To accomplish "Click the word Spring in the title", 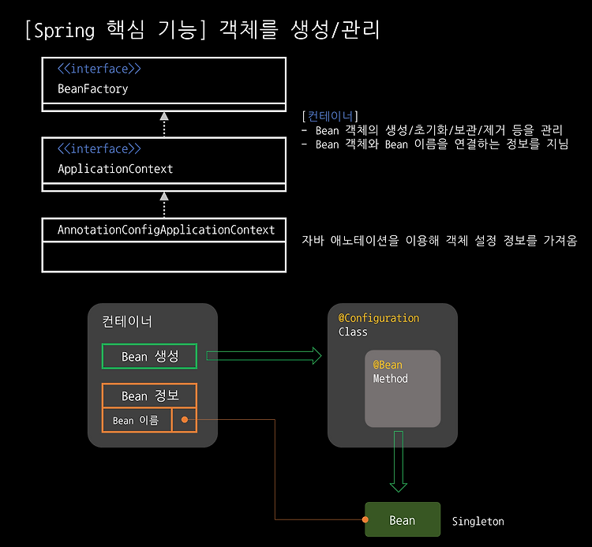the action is point(64,31).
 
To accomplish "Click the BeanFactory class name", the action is point(93,88).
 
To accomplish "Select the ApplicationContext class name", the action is point(115,168).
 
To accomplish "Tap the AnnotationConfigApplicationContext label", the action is point(166,230).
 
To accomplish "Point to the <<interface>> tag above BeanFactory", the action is point(99,69).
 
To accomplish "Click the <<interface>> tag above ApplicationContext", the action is point(99,148).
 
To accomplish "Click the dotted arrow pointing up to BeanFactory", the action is point(164,125).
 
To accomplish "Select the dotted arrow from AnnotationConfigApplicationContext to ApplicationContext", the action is point(164,204).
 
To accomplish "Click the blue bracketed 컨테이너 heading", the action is point(330,116).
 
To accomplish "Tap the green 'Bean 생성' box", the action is point(149,356).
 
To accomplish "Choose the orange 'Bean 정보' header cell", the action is point(149,395).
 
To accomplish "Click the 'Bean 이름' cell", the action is point(137,420).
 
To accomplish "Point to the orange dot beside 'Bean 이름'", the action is point(185,420).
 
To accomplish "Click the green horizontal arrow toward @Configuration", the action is point(264,356).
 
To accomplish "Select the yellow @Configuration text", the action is point(379,318).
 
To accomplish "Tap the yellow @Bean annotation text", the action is point(388,365).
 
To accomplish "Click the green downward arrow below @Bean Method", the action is point(399,461).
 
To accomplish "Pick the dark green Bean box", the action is point(403,519).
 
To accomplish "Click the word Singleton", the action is point(478,521).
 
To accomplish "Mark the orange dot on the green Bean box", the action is point(365,520).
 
